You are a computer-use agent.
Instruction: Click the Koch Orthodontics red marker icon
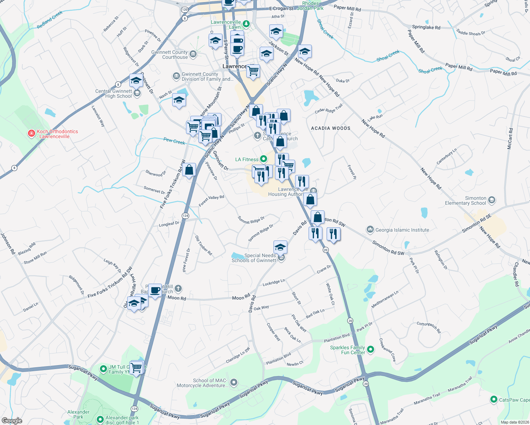point(32,134)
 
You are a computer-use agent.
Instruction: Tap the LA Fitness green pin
point(263,159)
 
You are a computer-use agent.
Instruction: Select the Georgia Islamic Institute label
point(402,230)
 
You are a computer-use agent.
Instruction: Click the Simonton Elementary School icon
point(491,200)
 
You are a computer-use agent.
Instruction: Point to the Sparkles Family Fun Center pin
point(371,350)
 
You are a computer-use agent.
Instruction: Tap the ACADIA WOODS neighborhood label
point(331,128)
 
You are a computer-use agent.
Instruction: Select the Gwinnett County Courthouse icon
point(193,54)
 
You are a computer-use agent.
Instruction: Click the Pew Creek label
point(174,141)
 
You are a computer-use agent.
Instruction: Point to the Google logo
point(12,420)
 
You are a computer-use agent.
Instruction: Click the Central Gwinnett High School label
point(113,93)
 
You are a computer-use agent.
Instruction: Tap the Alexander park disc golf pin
point(101,420)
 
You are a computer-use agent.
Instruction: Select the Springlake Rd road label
point(426,27)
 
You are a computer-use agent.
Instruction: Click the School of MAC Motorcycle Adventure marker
point(234,382)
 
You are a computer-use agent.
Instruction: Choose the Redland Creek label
point(50,19)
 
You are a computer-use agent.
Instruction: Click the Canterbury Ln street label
point(446,156)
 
